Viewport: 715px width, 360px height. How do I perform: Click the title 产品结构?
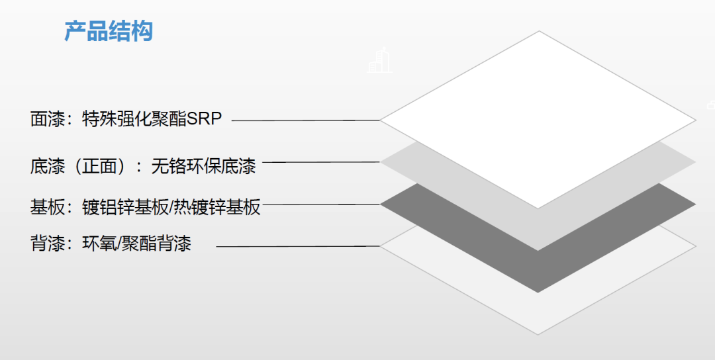[x=109, y=31]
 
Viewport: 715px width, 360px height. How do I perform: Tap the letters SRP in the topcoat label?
[x=205, y=119]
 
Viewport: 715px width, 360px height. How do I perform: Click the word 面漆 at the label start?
[x=46, y=119]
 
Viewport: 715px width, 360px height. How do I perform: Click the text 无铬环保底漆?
[x=203, y=165]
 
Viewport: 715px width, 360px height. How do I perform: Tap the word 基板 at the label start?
[x=46, y=207]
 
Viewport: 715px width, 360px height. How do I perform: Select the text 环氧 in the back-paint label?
[x=98, y=244]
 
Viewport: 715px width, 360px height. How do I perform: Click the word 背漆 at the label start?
[x=46, y=244]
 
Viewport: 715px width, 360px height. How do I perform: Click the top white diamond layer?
[x=538, y=119]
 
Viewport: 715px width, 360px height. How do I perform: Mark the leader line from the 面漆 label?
[x=305, y=120]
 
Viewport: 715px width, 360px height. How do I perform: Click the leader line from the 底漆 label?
[x=320, y=162]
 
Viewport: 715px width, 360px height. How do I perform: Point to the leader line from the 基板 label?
[x=320, y=204]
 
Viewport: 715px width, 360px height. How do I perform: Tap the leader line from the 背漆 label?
[x=298, y=246]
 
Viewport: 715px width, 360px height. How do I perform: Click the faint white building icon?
[x=379, y=61]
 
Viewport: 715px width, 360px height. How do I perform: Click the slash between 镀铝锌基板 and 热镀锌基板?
[x=172, y=207]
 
